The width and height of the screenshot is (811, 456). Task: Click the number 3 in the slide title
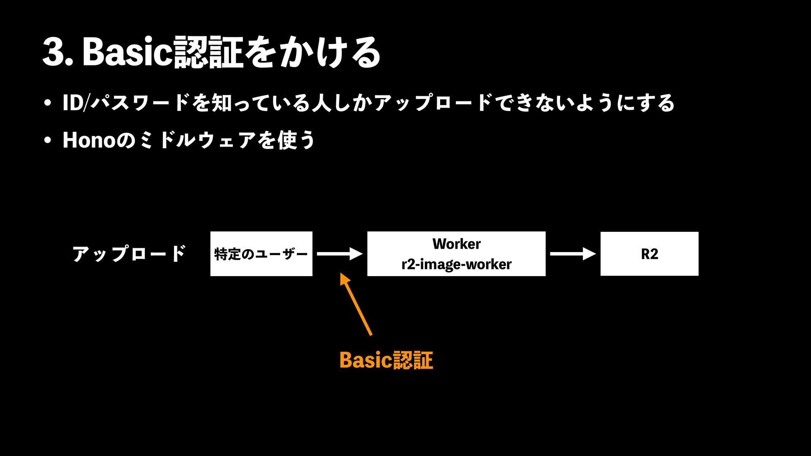coord(54,52)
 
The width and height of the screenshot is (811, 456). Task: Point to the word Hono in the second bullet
coord(89,140)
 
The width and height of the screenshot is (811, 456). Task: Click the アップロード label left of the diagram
coord(129,254)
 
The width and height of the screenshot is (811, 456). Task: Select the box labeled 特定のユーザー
coord(261,254)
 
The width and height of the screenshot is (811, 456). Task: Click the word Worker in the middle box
coord(456,244)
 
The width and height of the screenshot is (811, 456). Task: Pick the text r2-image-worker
coord(456,264)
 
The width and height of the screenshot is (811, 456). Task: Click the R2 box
coord(649,254)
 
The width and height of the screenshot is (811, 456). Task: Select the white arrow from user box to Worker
coord(340,254)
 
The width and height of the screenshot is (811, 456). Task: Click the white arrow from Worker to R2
coord(573,254)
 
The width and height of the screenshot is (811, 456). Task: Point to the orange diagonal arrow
coord(356,305)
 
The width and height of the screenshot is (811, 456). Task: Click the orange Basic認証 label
coord(386,360)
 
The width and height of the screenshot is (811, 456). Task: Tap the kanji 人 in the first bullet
coord(321,103)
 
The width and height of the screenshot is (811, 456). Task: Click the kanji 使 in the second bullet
coord(287,140)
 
